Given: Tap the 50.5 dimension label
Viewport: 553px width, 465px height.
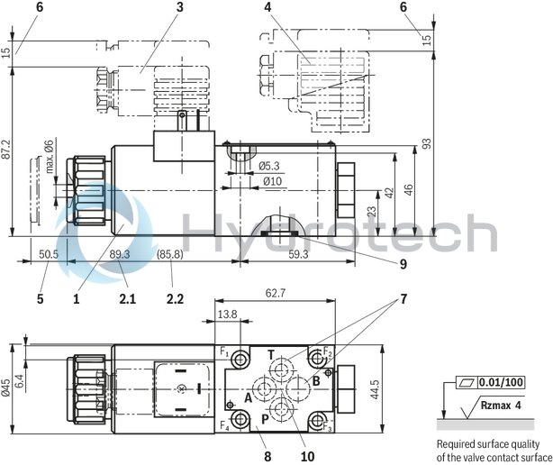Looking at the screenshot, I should (x=49, y=254).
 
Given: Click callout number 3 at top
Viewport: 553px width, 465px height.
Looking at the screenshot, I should (x=179, y=7).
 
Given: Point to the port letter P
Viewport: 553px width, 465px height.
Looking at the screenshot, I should (x=266, y=420).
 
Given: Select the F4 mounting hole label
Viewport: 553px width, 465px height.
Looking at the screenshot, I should (x=225, y=425).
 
